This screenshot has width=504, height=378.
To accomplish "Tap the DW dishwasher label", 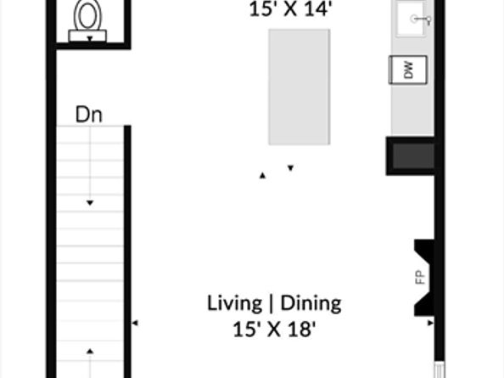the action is (408, 71).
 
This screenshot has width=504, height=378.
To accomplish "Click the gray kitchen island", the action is (300, 87).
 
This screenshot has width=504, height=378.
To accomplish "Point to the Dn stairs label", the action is (89, 115).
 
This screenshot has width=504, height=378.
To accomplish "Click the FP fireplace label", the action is (420, 277).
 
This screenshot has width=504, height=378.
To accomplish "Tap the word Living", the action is (235, 303).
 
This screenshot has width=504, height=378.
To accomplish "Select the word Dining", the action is (311, 303).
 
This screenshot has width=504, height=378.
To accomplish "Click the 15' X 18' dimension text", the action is (274, 329).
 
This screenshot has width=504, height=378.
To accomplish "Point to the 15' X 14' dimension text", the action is (290, 9).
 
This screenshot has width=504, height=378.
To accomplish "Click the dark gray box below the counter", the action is (413, 156).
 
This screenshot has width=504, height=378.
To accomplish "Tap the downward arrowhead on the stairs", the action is (90, 203).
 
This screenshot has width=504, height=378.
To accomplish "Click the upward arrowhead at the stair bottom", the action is (90, 351).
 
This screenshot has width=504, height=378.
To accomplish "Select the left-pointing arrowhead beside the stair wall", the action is (135, 323).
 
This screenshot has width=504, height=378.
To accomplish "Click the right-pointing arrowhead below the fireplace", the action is (430, 323).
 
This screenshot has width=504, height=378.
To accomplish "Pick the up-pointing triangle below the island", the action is (263, 176).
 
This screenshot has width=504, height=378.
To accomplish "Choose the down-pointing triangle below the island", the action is (290, 167).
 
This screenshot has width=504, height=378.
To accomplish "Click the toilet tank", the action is (87, 36).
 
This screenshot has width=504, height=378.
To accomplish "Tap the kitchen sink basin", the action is (412, 19).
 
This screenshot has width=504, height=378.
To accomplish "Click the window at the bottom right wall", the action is (440, 370).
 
